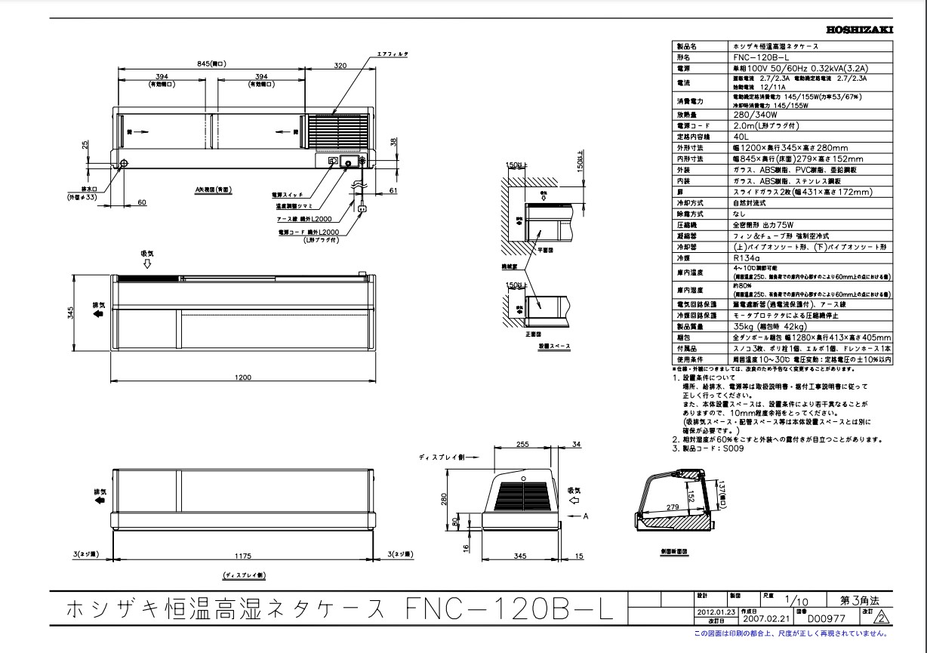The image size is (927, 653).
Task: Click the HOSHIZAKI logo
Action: [x=860, y=30]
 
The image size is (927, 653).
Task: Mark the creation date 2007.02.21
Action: [x=763, y=616]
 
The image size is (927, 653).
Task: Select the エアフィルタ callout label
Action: [x=393, y=55]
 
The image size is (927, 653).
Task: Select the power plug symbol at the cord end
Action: [x=362, y=211]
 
